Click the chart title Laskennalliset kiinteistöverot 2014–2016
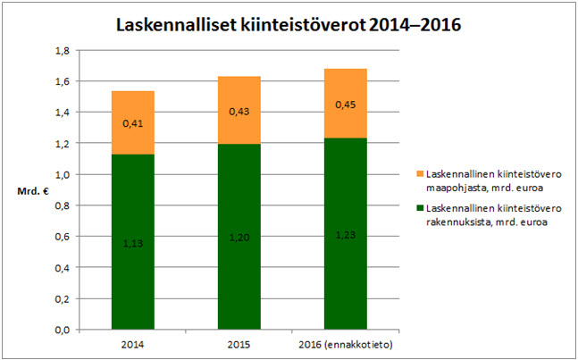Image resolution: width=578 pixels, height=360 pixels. click(289, 25)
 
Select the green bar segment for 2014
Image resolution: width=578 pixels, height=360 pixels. click(132, 268)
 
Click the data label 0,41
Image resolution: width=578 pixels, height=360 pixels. click(132, 124)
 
